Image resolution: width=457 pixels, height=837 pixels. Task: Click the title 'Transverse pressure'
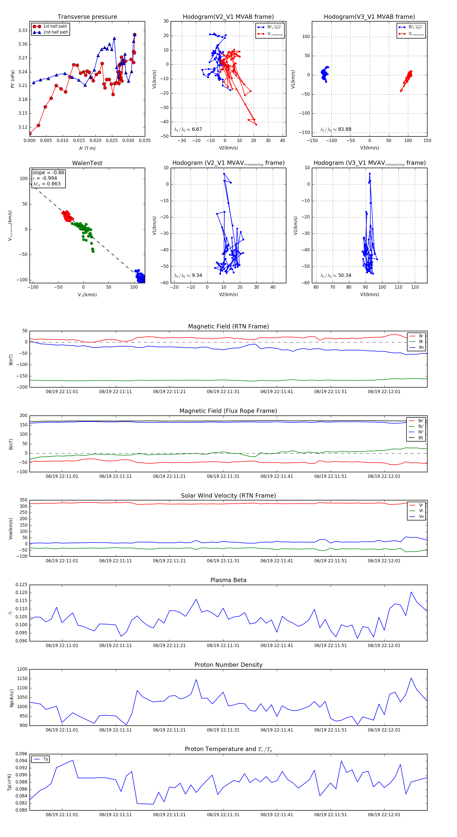87,17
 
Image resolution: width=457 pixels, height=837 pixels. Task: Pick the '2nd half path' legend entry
56,32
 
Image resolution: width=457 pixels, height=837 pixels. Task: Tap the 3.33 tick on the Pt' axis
23,30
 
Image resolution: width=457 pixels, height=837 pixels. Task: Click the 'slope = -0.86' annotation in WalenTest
48,172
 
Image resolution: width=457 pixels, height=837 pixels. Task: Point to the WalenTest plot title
87,163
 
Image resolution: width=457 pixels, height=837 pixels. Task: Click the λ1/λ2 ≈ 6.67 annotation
188,129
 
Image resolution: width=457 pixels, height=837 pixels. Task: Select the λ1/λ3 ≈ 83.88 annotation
336,129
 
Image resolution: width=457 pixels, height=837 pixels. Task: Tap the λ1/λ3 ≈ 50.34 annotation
336,275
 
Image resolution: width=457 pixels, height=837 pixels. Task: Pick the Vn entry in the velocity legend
421,517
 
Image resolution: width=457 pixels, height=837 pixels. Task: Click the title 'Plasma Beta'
228,580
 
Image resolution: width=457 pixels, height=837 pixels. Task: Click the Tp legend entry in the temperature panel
45,759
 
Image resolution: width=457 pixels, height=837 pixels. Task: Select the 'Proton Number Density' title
228,665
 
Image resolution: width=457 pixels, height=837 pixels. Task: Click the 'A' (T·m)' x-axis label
87,148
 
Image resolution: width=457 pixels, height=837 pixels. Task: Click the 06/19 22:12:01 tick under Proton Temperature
384,815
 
